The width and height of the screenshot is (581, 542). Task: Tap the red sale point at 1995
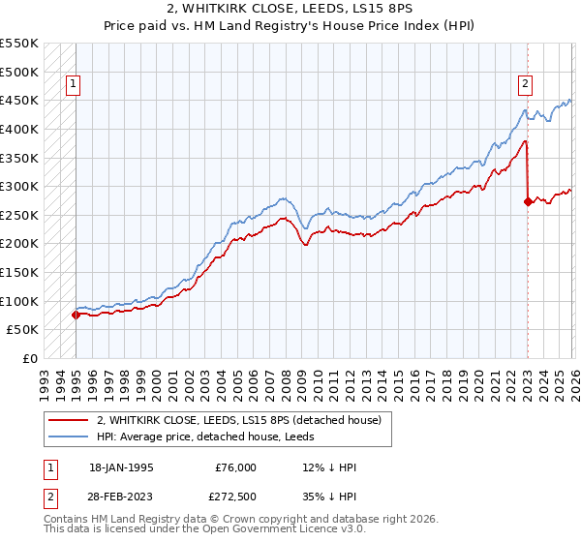pyautogui.click(x=76, y=314)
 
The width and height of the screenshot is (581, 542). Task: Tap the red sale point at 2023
pyautogui.click(x=528, y=202)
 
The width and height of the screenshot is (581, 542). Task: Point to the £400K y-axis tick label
pyautogui.click(x=19, y=129)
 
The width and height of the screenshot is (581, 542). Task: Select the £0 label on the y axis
pyautogui.click(x=30, y=358)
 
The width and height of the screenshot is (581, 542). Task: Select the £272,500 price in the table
pyautogui.click(x=234, y=496)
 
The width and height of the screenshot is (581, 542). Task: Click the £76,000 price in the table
pyautogui.click(x=234, y=467)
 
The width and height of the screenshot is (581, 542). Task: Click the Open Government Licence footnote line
pyautogui.click(x=205, y=531)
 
